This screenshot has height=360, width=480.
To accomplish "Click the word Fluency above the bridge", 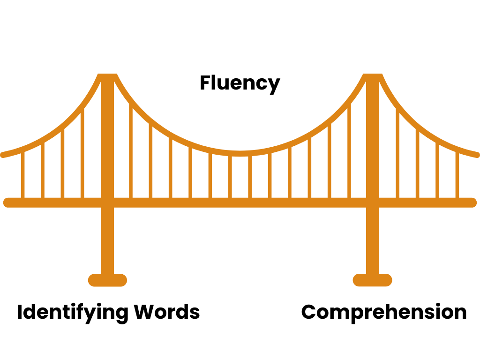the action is click(x=240, y=83).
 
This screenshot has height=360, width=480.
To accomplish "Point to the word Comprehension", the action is click(x=384, y=312).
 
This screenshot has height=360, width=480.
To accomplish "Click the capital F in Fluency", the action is click(x=205, y=83).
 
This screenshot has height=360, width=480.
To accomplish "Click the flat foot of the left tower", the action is click(x=107, y=280).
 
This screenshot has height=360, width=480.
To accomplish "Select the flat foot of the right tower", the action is click(x=372, y=280).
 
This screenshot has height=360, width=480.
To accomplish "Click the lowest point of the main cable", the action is click(x=240, y=153).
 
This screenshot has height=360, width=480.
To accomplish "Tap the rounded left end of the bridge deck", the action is click(x=7, y=202).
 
